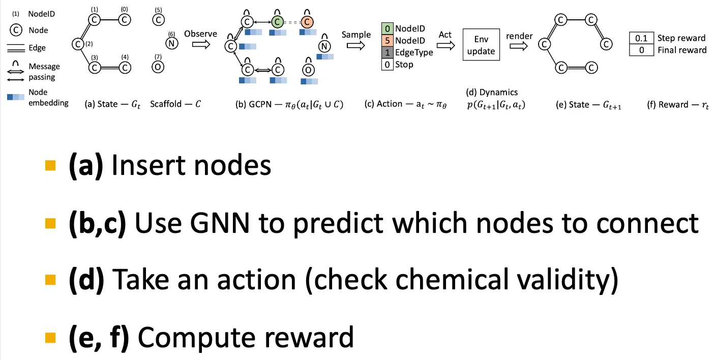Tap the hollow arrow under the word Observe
[x=200, y=45]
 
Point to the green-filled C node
[x=277, y=22]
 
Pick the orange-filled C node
[x=307, y=22]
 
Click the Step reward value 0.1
[x=641, y=38]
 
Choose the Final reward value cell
[x=641, y=50]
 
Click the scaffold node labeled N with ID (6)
[x=171, y=43]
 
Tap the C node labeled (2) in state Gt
[x=78, y=44]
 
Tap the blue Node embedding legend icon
[x=17, y=97]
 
